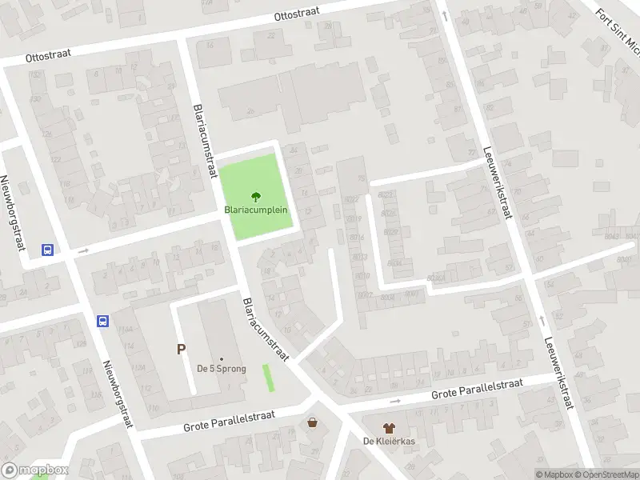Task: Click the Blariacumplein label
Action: (x=256, y=210)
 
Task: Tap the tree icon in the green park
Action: (x=256, y=195)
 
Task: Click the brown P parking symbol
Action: (x=182, y=349)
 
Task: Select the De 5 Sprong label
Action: (x=222, y=369)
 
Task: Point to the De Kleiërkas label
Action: (x=389, y=442)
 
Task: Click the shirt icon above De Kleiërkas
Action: (x=389, y=428)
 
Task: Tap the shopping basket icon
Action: (x=312, y=422)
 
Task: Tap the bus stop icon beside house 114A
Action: (x=102, y=321)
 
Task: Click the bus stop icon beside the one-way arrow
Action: (x=48, y=250)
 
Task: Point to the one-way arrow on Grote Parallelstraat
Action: (x=394, y=401)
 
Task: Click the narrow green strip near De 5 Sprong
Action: (x=268, y=378)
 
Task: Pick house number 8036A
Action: (x=436, y=278)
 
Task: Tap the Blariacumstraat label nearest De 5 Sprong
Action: (x=263, y=329)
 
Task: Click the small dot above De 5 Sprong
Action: (x=222, y=358)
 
